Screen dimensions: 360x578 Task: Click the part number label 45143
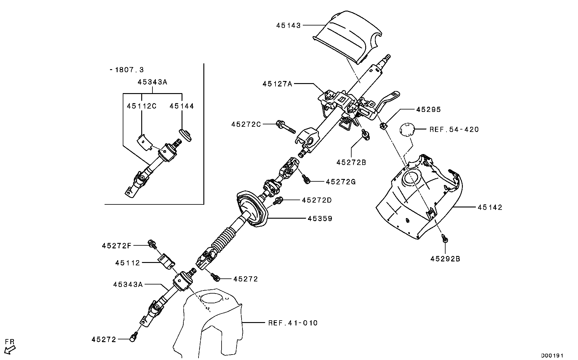(x=288, y=25)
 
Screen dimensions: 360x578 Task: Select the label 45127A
(x=277, y=84)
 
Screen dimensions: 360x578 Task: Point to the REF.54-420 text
(x=454, y=130)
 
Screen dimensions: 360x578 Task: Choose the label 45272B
(x=351, y=163)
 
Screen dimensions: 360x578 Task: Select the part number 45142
(x=490, y=207)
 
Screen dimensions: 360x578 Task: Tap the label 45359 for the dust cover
(x=320, y=218)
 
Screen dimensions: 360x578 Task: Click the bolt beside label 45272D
(x=278, y=200)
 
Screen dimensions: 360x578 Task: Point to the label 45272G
(x=341, y=182)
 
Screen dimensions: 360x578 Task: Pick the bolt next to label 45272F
(x=152, y=243)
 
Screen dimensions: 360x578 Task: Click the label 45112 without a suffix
(x=127, y=263)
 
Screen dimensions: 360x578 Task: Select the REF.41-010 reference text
(x=293, y=323)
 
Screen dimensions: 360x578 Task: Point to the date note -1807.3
(x=127, y=70)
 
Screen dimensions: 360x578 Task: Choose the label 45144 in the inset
(x=182, y=106)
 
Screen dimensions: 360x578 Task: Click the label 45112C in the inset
(x=142, y=106)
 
